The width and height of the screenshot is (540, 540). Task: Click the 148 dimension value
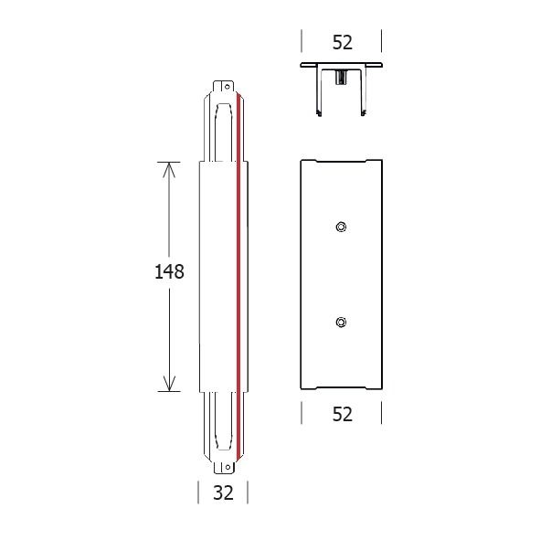click(x=170, y=272)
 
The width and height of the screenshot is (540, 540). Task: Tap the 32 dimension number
click(x=223, y=493)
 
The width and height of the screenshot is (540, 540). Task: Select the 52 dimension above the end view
click(x=342, y=42)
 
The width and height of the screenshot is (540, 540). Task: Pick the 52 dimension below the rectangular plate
click(x=342, y=414)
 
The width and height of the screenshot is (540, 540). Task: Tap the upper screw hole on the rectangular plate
click(x=341, y=227)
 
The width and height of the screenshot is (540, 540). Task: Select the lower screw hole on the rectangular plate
click(x=341, y=322)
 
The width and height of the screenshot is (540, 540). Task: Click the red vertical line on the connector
click(x=238, y=274)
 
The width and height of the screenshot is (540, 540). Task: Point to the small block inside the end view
click(x=341, y=78)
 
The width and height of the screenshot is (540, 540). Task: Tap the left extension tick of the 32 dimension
click(x=199, y=493)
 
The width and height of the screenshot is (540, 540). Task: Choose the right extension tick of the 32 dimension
click(x=248, y=493)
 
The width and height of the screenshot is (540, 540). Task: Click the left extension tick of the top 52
click(x=302, y=42)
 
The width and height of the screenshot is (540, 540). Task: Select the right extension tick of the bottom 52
click(x=382, y=414)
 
